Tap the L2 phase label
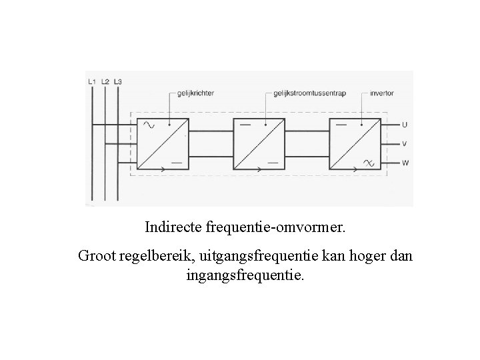(x=105, y=81)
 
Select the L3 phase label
(x=118, y=81)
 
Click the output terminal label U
(x=405, y=125)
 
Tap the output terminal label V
(x=405, y=143)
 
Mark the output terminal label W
(x=405, y=162)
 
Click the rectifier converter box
(x=163, y=143)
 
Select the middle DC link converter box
(x=259, y=143)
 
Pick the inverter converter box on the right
(x=355, y=143)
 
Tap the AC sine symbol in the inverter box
(x=367, y=162)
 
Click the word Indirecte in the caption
(x=175, y=227)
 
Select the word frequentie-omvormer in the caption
(x=277, y=227)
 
